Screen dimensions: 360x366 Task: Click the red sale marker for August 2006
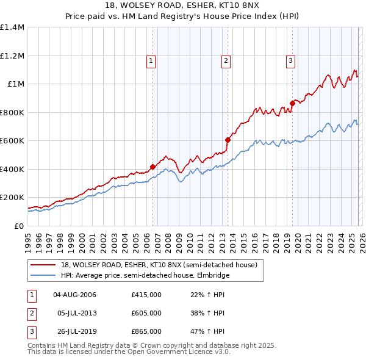pyautogui.click(x=152, y=167)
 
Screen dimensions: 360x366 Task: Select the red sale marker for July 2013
pyautogui.click(x=228, y=140)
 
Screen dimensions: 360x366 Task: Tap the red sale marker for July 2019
pyautogui.click(x=292, y=103)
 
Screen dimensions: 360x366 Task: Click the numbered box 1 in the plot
pyautogui.click(x=151, y=60)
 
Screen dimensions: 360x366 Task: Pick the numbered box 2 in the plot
pyautogui.click(x=226, y=60)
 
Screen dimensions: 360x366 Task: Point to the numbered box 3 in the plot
pyautogui.click(x=290, y=60)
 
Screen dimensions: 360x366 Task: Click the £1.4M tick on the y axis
pyautogui.click(x=12, y=27)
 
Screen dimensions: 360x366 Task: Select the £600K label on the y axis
pyautogui.click(x=12, y=141)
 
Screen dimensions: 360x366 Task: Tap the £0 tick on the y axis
pyautogui.click(x=18, y=226)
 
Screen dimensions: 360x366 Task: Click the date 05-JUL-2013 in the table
pyautogui.click(x=76, y=313)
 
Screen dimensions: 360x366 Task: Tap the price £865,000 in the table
pyautogui.click(x=146, y=331)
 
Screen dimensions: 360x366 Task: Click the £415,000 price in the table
pyautogui.click(x=146, y=295)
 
